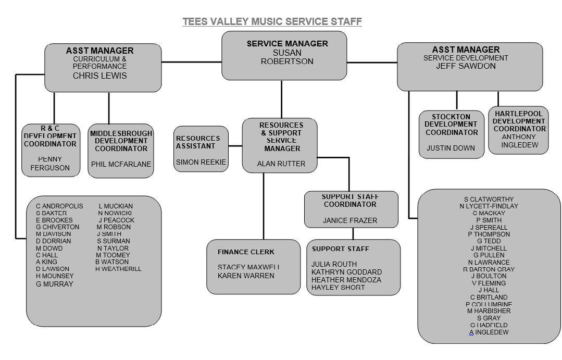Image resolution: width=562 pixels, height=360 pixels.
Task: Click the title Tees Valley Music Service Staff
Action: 272,21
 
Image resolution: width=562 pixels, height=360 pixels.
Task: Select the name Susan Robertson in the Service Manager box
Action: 287,57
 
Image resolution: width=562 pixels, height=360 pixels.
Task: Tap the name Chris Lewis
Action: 99,76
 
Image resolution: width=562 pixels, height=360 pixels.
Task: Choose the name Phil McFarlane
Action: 121,164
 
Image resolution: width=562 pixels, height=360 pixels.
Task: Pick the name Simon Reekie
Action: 201,162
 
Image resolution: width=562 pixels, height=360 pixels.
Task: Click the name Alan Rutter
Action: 281,164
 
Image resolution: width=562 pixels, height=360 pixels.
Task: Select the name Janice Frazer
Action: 349,220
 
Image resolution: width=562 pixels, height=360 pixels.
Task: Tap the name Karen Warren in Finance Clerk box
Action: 246,276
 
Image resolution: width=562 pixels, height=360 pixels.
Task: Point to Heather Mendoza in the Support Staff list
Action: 346,280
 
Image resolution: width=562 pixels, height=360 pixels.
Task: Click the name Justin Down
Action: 451,148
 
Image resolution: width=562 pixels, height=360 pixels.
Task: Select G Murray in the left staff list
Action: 55,284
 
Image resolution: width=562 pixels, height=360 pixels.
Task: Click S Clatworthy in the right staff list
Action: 489,199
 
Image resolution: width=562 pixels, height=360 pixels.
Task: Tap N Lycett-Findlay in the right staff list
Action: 489,206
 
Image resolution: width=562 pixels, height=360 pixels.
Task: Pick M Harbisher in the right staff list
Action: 489,311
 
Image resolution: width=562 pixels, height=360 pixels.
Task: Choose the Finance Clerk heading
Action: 246,252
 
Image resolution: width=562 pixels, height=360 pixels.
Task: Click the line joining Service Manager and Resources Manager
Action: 282,99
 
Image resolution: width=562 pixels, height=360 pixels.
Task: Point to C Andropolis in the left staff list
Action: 59,206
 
